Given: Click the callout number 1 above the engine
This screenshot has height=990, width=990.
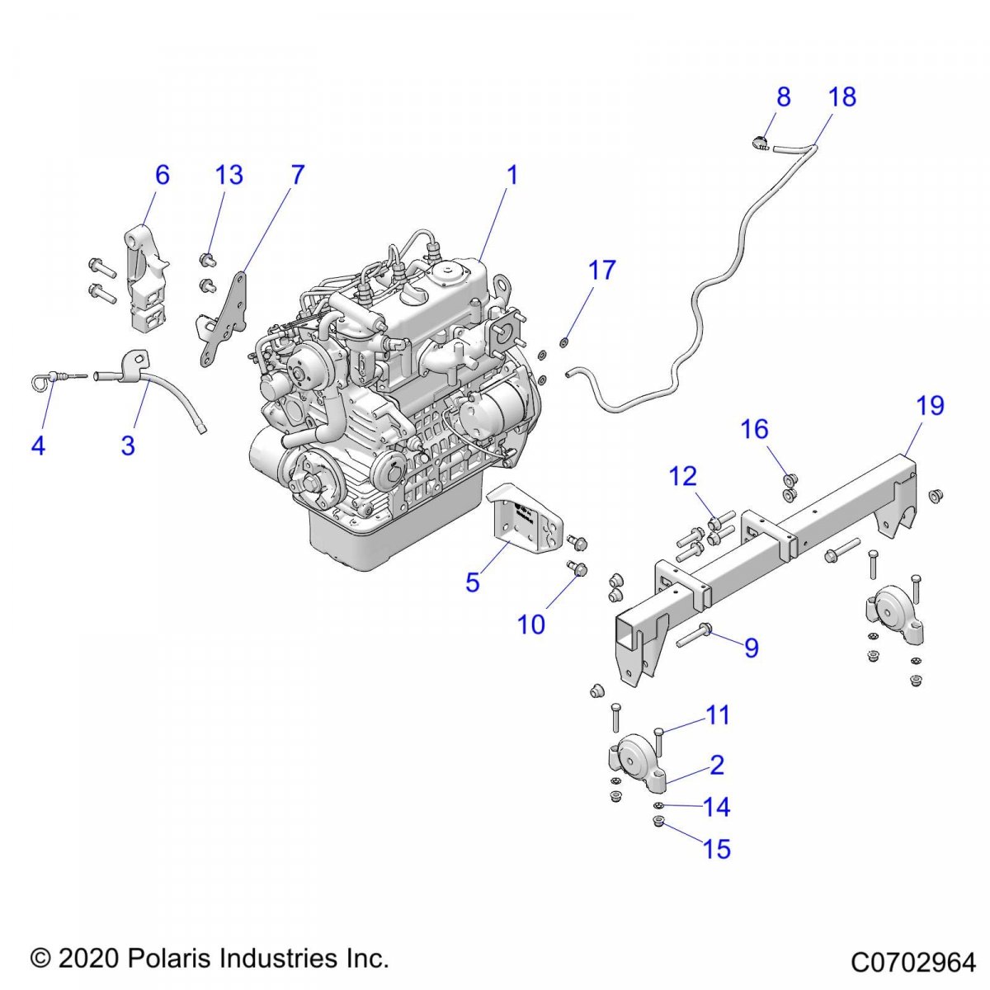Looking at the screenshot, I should point(512,175).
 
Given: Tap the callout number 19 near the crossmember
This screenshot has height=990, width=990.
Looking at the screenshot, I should point(930,406).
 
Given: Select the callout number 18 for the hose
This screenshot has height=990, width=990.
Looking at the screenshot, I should point(842,97).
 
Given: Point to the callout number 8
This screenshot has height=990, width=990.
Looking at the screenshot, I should point(783,97).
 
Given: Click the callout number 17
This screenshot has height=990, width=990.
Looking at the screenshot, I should point(602,270).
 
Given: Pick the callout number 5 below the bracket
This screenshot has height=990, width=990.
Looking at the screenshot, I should point(472,582).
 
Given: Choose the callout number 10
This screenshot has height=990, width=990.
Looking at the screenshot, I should point(531,625).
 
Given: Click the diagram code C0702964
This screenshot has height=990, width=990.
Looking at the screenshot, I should point(913,963).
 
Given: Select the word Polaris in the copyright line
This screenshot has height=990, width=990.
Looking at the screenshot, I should point(165,958).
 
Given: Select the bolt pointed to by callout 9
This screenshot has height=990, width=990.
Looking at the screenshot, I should point(695,635).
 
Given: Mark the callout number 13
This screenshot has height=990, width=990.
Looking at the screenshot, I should point(229,175).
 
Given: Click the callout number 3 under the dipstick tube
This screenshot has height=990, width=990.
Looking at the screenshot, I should point(128,445).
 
